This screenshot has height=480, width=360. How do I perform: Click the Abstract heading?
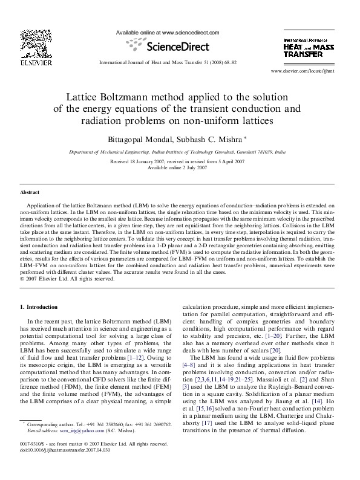(30, 192)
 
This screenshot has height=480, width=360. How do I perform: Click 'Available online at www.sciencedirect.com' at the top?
(166, 33)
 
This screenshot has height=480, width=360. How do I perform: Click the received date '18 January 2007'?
(149, 162)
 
